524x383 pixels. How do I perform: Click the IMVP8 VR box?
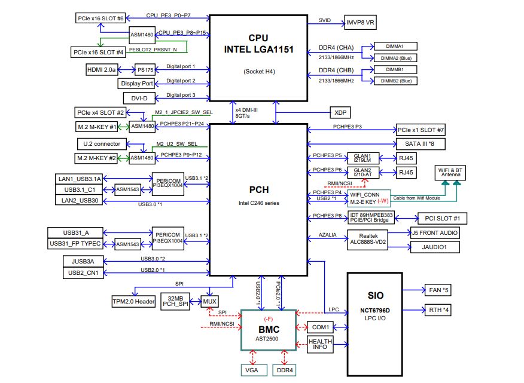click(x=361, y=23)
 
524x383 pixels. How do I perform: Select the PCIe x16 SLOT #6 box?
click(x=100, y=19)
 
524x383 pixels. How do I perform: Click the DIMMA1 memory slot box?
click(x=395, y=46)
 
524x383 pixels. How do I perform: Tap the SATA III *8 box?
click(x=421, y=144)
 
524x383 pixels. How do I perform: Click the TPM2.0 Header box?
click(x=133, y=301)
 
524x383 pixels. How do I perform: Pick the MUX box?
click(x=209, y=301)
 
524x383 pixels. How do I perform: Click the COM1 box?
click(x=320, y=327)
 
